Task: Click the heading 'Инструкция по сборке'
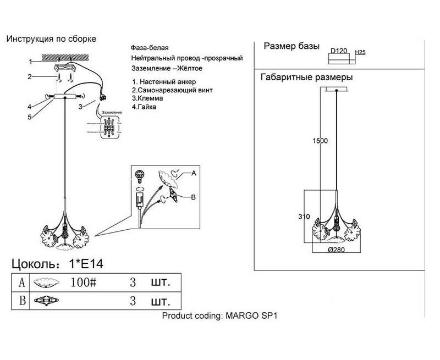tap(51, 39)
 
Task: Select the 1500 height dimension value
tap(320, 140)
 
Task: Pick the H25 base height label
tap(361, 52)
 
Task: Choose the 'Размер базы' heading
tap(291, 46)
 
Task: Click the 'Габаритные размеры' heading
tap(306, 77)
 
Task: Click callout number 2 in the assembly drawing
tap(31, 77)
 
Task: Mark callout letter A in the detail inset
tap(193, 173)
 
